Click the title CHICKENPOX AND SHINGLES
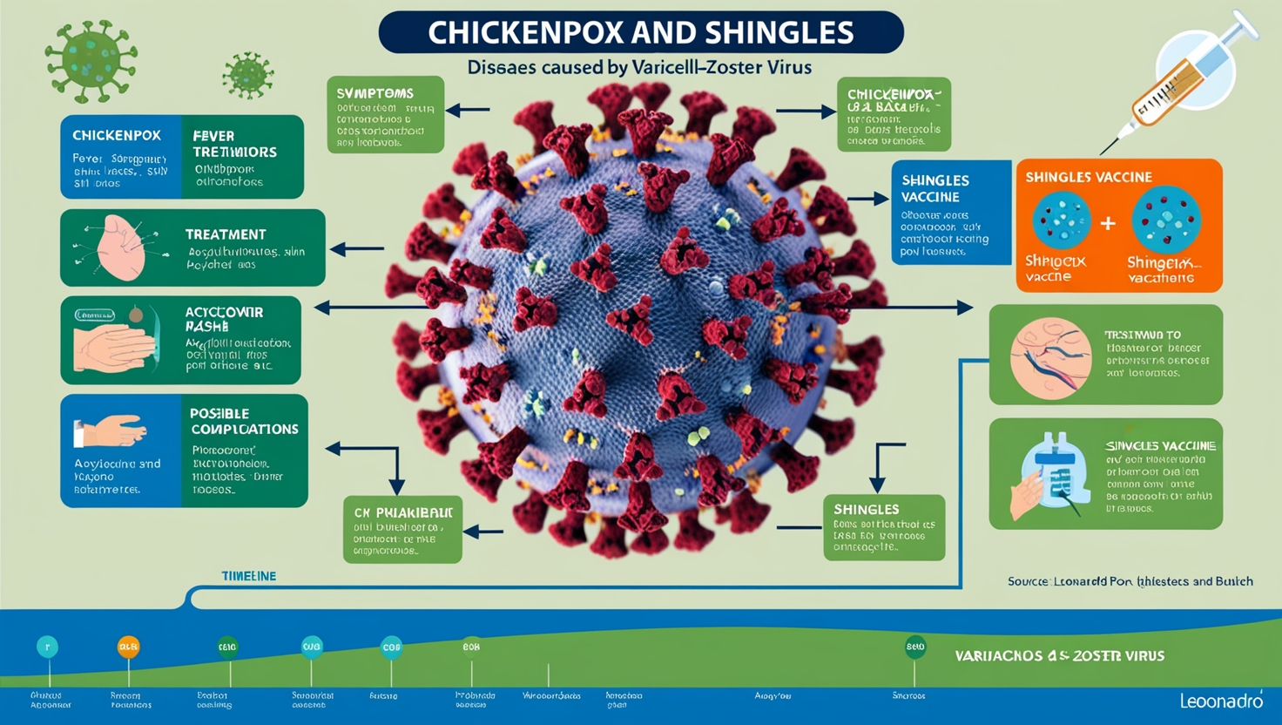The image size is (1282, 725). coord(640,33)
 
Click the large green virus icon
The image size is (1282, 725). coord(91,61)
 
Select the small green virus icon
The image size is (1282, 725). coord(248,75)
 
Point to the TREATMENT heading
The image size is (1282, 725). coord(226,234)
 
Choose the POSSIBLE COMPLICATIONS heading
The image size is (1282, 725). coord(244,421)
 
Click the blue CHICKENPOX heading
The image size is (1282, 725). coord(117,136)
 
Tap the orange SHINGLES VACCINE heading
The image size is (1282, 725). coord(1089,177)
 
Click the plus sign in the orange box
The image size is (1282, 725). coord(1108,223)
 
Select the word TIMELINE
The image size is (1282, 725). coord(248,576)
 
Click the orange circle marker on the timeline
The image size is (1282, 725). coord(128,647)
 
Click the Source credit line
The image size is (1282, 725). coord(1130,581)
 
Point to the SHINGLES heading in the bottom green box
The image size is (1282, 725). coord(866,509)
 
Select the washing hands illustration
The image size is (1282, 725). coord(112,342)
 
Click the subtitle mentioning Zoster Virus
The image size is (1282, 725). coord(639,67)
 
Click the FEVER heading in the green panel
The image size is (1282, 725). coord(213,136)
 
